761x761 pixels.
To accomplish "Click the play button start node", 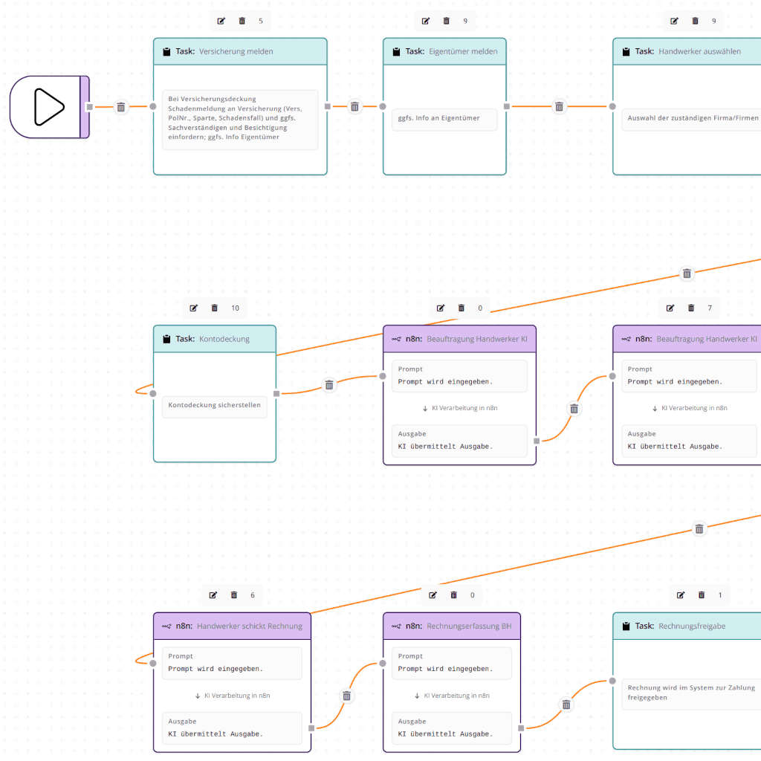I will tap(49, 107).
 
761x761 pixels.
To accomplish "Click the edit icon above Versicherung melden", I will tap(221, 21).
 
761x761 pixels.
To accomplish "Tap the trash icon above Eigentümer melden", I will tap(447, 21).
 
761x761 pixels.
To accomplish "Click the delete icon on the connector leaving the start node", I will tap(121, 107).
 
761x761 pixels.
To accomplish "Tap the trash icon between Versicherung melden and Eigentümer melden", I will tap(354, 107).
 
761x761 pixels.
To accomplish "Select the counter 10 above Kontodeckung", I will tap(235, 308).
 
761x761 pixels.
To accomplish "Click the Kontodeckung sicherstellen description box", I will tap(214, 406).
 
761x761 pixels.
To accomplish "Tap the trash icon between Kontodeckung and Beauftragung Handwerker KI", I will tap(329, 385).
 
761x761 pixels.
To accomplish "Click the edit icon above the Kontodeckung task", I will tap(194, 308).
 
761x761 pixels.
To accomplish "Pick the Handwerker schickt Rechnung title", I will tap(249, 626).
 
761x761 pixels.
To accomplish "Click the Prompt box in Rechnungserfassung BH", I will tap(452, 663).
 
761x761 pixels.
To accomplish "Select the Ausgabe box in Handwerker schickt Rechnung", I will tap(232, 728).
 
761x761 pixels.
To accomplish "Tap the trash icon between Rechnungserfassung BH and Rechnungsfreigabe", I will tap(566, 705).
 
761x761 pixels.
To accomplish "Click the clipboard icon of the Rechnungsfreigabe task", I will tap(626, 626).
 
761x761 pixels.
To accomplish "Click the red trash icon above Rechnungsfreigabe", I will tap(702, 595).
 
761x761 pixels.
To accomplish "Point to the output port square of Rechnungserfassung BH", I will tap(521, 728).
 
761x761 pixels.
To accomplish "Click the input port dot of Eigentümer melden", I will tap(383, 107).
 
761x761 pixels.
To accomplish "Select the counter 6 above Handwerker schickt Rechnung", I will tap(253, 595).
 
